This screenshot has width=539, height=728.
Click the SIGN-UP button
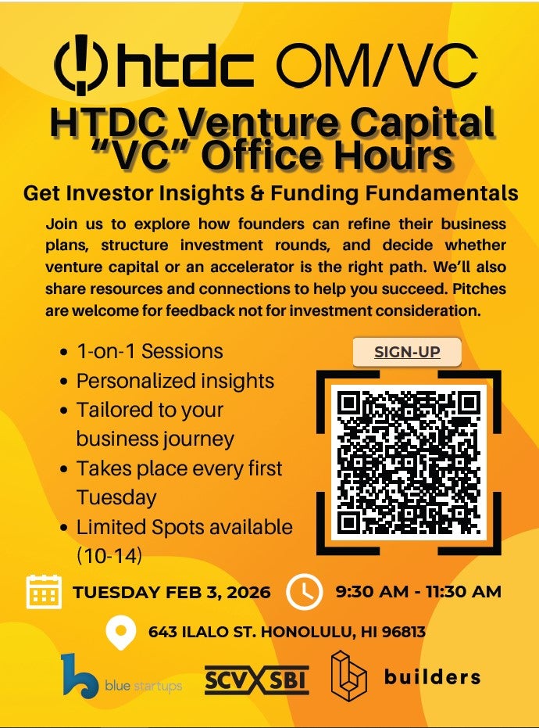point(407,352)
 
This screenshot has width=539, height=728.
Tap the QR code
point(409,462)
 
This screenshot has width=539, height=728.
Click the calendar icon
point(44,592)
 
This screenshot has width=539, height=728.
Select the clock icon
point(305,592)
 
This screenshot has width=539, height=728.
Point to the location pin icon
point(120,633)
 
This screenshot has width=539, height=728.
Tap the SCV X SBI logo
point(257,680)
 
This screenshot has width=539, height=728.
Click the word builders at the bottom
point(432,677)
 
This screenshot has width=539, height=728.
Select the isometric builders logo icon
point(348,676)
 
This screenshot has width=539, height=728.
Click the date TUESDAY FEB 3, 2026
point(172,593)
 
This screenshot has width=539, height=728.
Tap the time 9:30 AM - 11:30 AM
point(419,591)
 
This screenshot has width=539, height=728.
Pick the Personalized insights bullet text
point(175,381)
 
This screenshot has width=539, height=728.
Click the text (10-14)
point(109,556)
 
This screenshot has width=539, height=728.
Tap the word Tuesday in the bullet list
point(116,497)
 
